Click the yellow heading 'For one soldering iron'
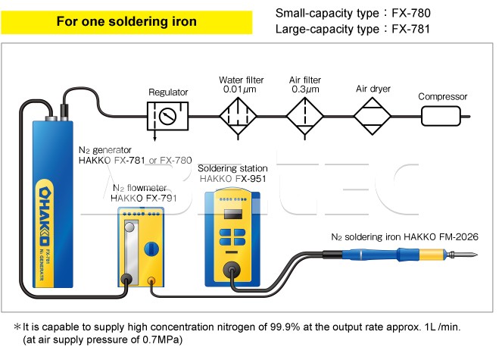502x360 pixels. coord(126,21)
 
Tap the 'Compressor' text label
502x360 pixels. coord(443,96)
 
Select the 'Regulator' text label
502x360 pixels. coord(168,92)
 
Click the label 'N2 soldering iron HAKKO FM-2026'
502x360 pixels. coord(405,236)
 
